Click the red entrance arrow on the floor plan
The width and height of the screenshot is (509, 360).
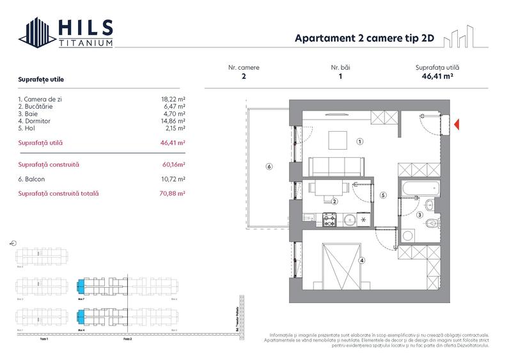coord(456,124)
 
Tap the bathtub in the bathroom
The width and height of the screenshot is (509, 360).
coord(420,187)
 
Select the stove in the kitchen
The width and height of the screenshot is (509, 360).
coord(330,220)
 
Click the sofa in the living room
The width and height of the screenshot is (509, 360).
coord(337,166)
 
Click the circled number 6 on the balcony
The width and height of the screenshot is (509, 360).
coord(269,167)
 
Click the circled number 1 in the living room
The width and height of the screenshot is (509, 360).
coord(360,141)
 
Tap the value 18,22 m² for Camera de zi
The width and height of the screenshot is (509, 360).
coord(173,100)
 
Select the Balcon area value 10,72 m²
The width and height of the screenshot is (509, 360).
coord(173,179)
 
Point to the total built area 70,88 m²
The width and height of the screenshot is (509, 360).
coord(173,193)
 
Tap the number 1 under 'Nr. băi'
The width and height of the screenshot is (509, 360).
coord(340,76)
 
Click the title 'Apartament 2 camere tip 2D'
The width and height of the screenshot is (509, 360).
coord(364,38)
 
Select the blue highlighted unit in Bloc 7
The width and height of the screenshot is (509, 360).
coord(81,286)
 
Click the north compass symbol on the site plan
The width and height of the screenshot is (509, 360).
coord(13,244)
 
